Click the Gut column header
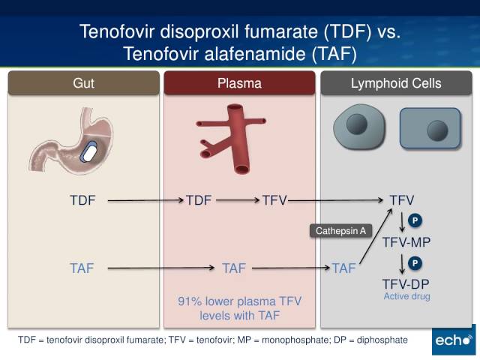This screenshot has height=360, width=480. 83,84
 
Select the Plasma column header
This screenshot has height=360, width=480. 239,84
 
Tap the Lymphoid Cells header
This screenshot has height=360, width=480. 396,84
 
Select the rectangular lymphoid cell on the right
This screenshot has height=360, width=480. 429,130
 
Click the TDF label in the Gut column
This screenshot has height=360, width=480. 82,200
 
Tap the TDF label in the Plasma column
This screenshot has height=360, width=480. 199,200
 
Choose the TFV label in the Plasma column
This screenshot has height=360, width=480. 274,200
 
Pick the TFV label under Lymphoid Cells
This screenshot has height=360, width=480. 402,200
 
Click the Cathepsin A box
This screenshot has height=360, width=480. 339,231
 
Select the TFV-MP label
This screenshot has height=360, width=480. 406,241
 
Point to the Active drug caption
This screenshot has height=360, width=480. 406,297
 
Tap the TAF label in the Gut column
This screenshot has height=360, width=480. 82,268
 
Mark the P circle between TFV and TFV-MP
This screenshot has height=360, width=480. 415,220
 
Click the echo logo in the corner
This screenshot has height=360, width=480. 453,340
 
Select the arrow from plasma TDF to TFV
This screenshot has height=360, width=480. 237,200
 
